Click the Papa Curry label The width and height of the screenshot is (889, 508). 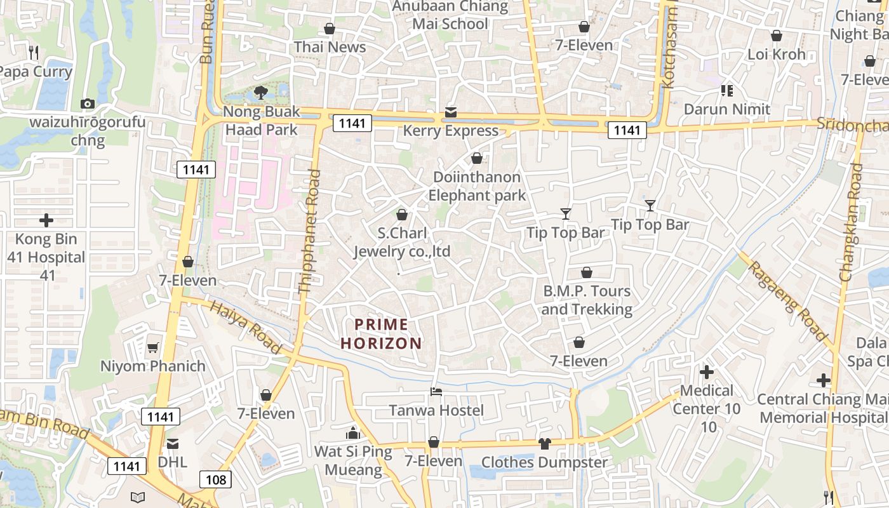35,72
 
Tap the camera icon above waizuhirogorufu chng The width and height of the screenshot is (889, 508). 88,104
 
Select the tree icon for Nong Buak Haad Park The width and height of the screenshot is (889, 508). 260,93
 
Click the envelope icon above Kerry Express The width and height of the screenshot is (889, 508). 451,112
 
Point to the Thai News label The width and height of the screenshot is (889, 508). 330,47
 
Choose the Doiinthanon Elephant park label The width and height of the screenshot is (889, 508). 477,186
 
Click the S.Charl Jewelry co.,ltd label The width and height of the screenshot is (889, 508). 402,242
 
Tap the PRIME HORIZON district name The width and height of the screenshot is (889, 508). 381,334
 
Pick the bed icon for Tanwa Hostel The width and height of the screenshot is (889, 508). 436,391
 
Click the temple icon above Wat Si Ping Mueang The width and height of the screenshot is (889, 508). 353,433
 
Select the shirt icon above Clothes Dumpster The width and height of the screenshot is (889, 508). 544,443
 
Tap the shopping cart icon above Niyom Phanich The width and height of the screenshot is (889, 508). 152,347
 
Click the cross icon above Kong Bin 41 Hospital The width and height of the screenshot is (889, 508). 46,220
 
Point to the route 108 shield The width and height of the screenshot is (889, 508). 216,479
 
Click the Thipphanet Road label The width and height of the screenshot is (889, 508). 309,232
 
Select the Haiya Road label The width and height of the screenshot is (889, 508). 245,327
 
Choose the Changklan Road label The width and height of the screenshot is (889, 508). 852,222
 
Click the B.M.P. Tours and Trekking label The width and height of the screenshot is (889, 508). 587,300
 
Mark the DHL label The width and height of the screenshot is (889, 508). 173,462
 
